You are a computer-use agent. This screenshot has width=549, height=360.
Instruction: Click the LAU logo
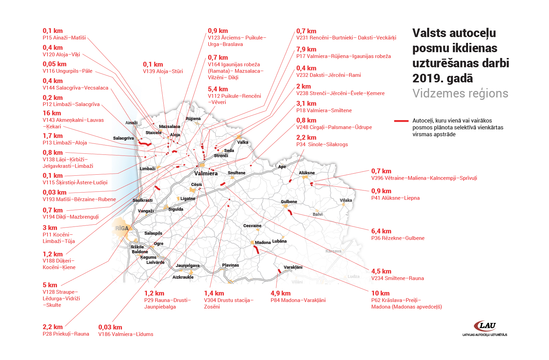[x=484, y=329]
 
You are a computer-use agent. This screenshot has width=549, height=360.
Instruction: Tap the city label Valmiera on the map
[x=206, y=174]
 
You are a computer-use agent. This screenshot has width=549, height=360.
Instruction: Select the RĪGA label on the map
[x=122, y=229]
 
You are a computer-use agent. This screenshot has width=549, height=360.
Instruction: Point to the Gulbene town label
[x=289, y=202]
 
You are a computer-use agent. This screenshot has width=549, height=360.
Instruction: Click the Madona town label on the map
[x=263, y=242]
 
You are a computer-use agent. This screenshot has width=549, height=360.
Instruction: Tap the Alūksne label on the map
[x=307, y=173]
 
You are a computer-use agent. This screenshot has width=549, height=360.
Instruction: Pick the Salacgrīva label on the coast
[x=123, y=138]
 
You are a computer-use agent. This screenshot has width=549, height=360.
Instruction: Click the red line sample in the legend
[x=401, y=121]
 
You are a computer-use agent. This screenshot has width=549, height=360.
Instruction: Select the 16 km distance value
[x=52, y=113]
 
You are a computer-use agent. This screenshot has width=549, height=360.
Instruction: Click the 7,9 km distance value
[x=306, y=49]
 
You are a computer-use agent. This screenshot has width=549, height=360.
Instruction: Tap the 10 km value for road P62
[x=381, y=293]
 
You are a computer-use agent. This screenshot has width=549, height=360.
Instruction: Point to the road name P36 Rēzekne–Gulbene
[x=398, y=238]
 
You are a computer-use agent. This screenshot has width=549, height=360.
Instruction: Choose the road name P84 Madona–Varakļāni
[x=298, y=300]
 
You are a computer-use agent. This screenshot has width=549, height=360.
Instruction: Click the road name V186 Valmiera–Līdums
[x=126, y=334]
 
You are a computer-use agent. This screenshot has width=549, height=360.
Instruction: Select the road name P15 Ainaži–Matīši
[x=64, y=38]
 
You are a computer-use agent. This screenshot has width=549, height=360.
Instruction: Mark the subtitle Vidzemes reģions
[x=460, y=94]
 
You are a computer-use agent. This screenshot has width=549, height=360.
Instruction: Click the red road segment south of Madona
[x=256, y=250]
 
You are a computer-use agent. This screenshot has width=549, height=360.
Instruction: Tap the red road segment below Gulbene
[x=290, y=212]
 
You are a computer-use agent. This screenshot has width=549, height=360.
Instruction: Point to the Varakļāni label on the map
[x=293, y=267]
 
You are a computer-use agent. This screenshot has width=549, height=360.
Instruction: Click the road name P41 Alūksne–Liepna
[x=395, y=198]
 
